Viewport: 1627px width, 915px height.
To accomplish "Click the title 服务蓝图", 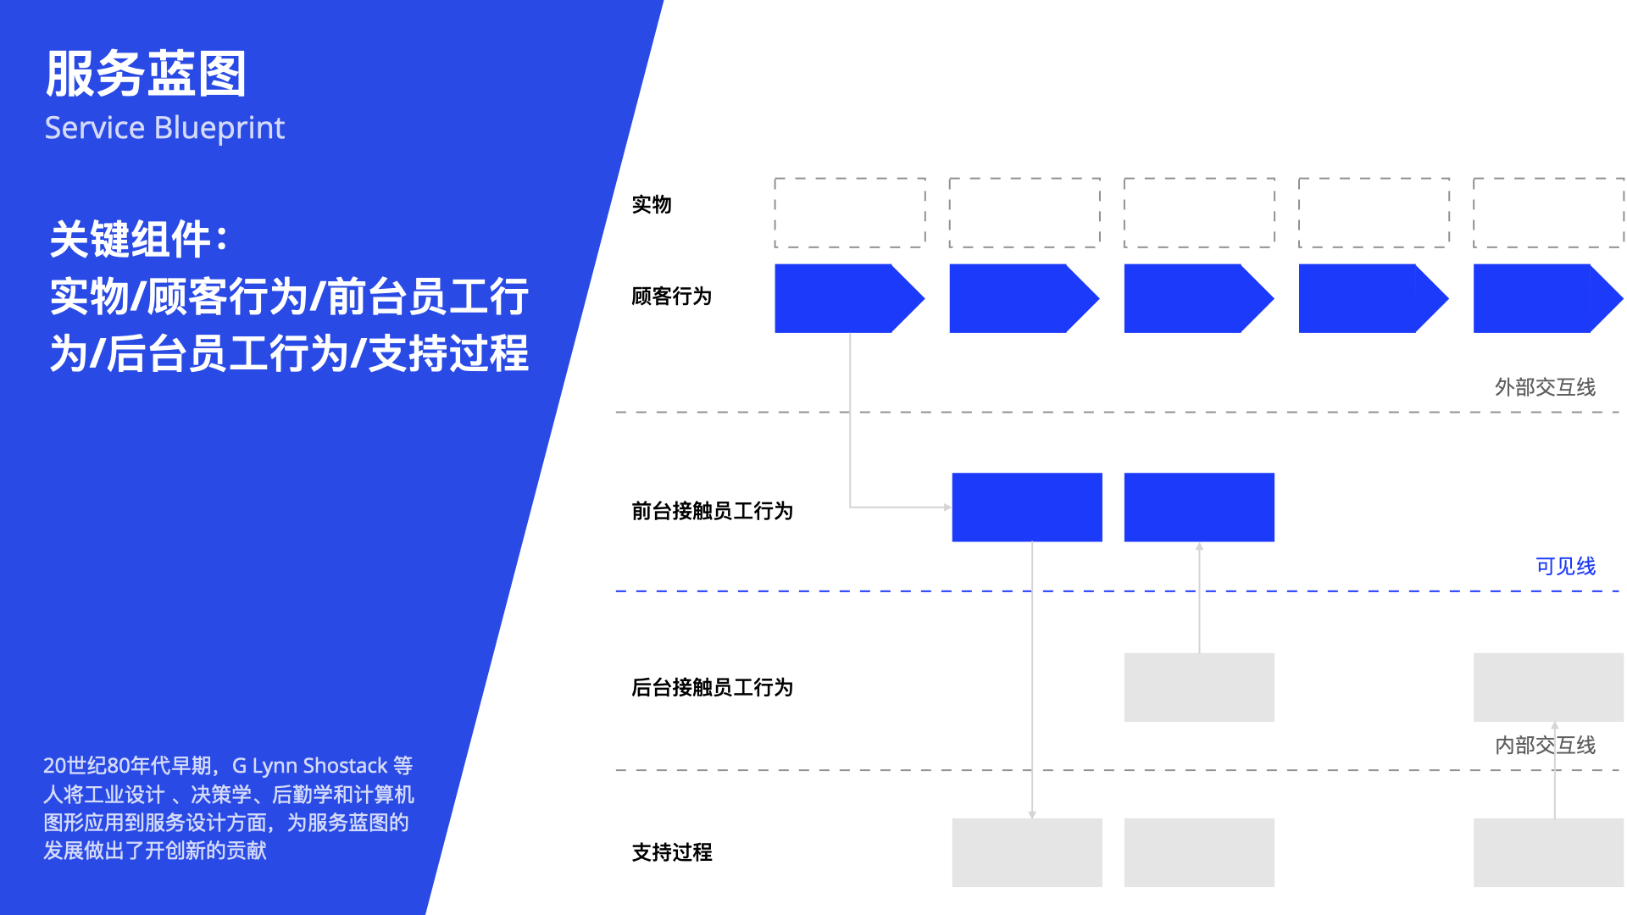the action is point(146,75).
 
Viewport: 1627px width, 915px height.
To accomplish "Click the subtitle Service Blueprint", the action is point(164,128).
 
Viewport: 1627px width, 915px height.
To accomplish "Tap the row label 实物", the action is point(651,205).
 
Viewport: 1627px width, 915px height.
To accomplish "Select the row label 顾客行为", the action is point(671,297).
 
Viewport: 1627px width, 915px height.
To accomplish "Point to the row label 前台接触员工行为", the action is point(712,511).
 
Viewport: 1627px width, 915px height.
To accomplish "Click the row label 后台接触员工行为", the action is point(712,687).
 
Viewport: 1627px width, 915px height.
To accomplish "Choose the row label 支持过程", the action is point(671,852).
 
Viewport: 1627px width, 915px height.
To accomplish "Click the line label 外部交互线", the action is point(1544,387).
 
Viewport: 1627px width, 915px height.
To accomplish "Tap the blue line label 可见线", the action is point(1564,566).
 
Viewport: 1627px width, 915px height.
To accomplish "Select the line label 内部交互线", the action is point(1544,746).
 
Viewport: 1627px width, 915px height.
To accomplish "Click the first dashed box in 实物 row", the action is point(849,213).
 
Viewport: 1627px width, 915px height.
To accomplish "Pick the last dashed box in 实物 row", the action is point(1547,213).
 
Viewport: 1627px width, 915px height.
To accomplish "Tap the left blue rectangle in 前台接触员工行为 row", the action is point(1026,507).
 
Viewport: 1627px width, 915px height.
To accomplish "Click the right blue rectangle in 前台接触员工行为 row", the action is point(1198,507).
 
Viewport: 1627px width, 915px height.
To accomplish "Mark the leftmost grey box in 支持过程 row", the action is point(1026,852).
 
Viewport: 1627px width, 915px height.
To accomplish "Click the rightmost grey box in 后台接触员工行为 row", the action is point(1547,687).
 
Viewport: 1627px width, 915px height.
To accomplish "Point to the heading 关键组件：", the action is point(139,240).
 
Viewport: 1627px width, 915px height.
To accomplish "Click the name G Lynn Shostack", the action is point(309,766).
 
